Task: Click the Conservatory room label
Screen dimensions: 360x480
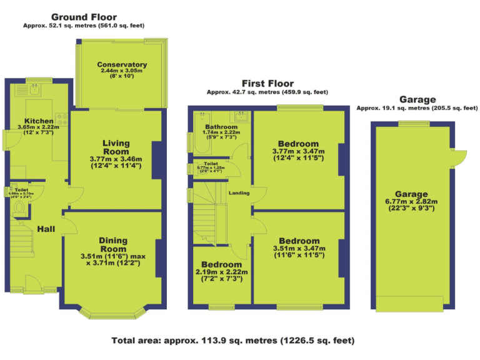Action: [x=122, y=64]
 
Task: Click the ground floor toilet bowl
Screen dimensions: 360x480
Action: [x=19, y=207]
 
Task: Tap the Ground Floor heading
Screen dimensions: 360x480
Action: [x=84, y=17]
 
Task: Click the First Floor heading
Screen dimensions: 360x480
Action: [x=267, y=84]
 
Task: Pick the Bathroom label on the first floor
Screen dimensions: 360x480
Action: [x=221, y=127]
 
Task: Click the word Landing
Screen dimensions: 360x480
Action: [x=239, y=193]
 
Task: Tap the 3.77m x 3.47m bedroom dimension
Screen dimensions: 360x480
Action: [x=299, y=155]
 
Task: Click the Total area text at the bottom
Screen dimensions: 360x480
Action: [x=233, y=341]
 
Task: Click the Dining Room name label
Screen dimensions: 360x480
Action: [x=112, y=244]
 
